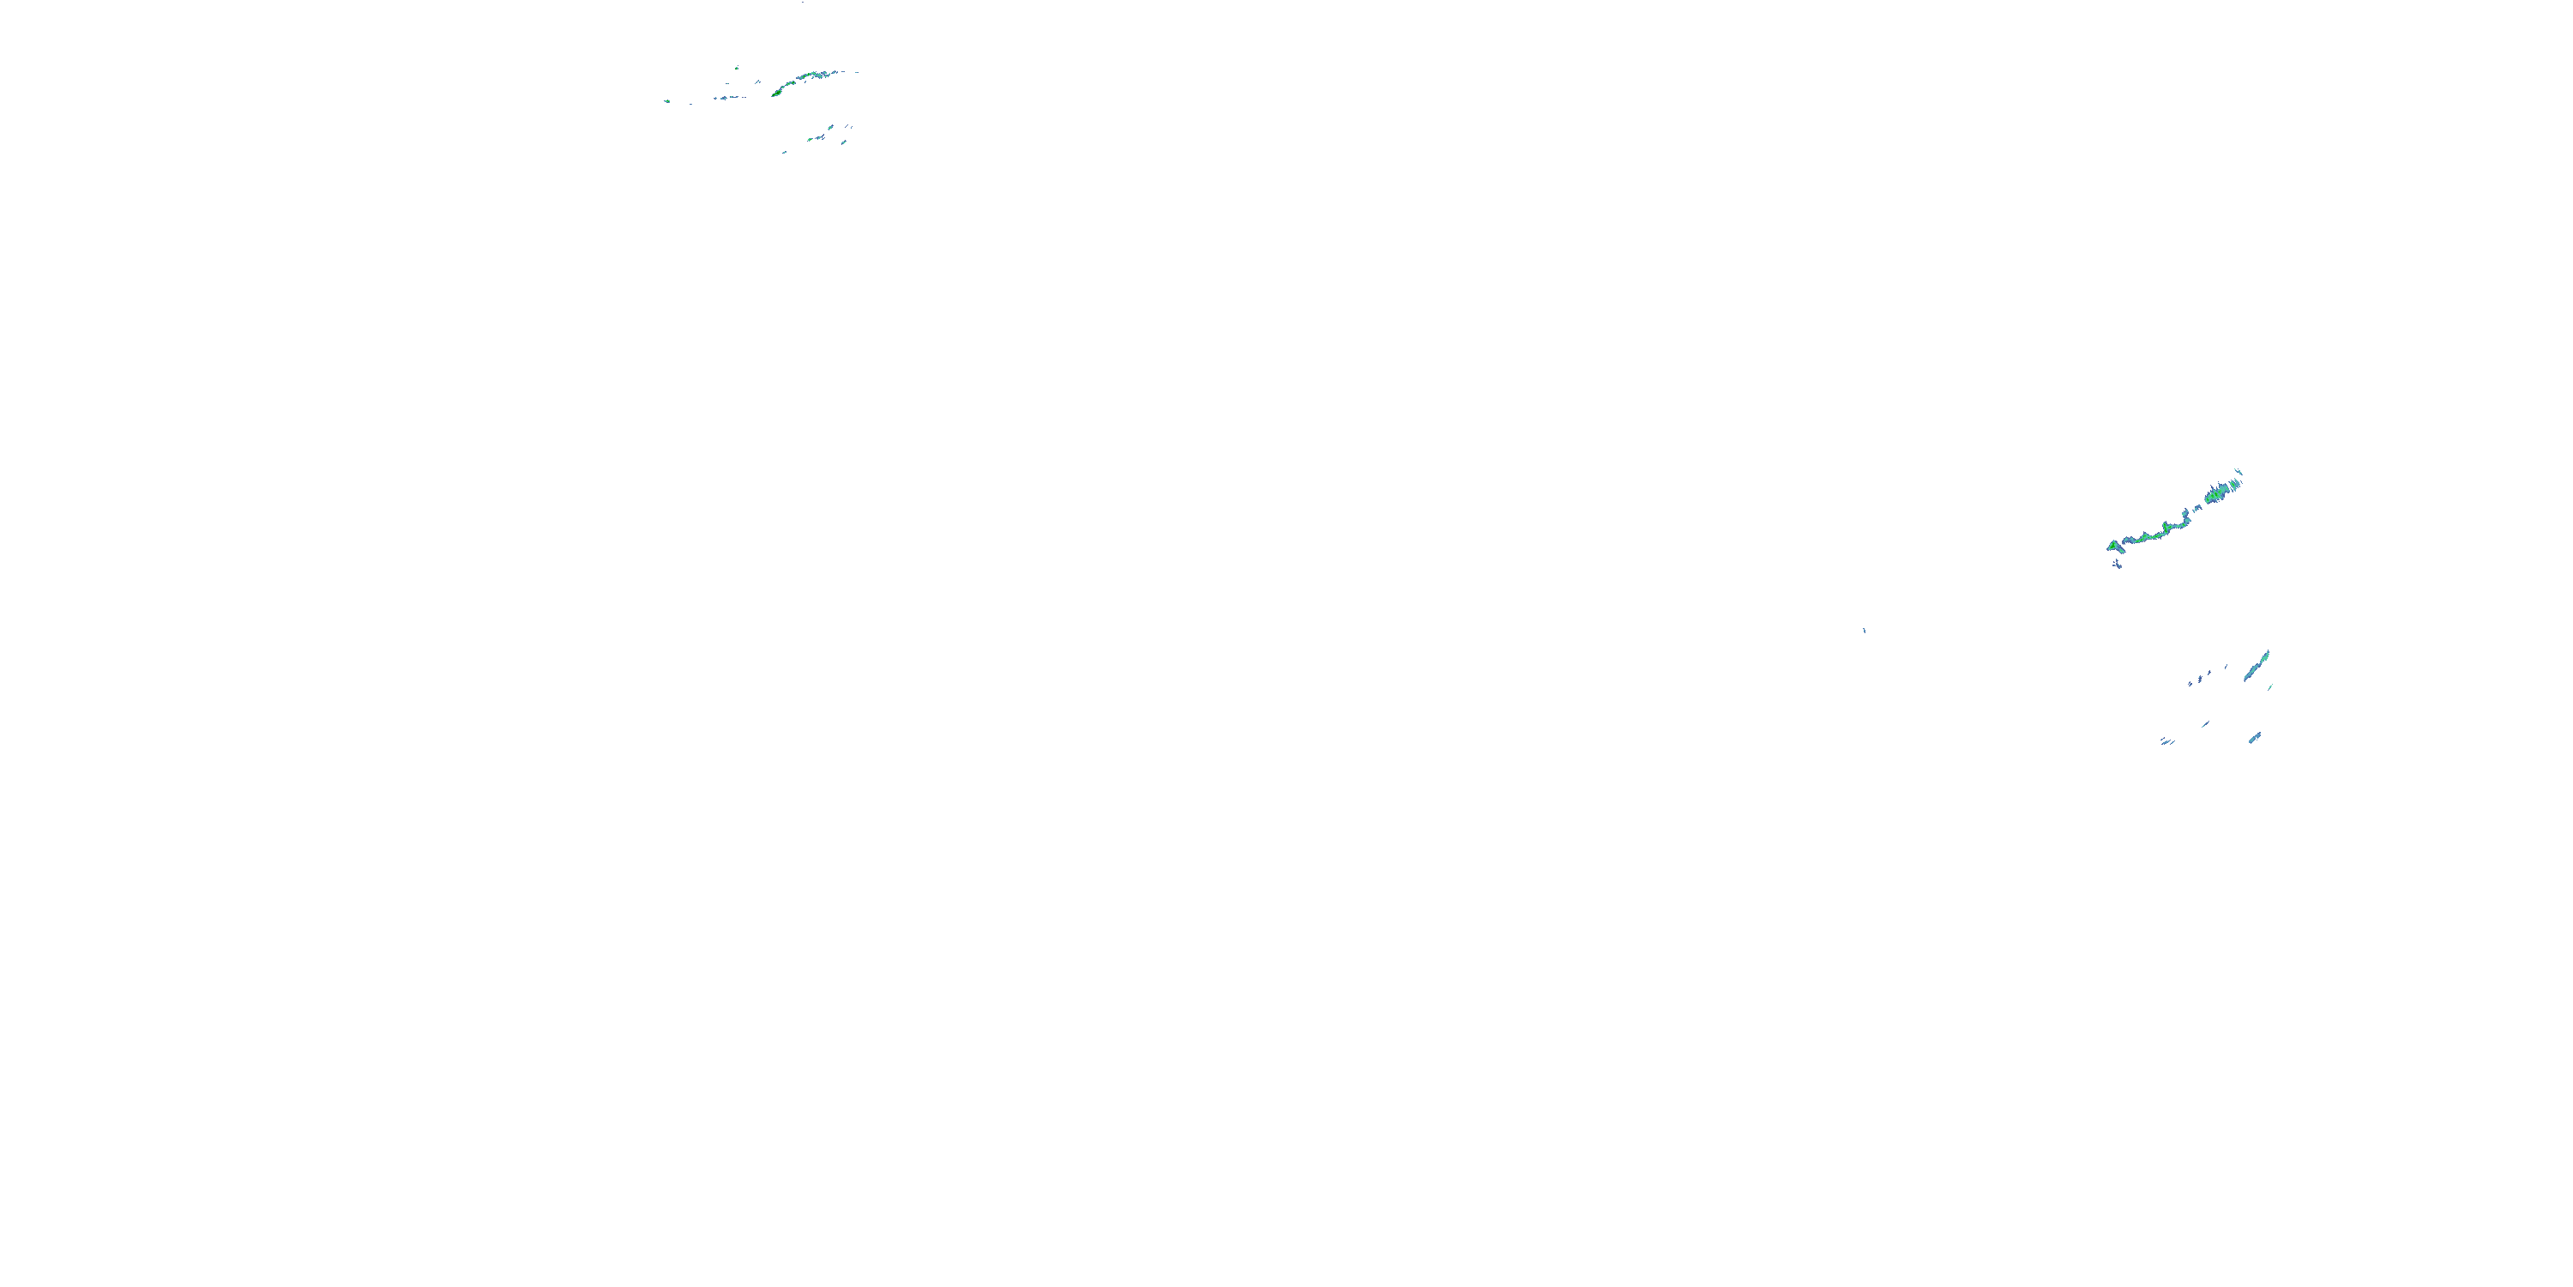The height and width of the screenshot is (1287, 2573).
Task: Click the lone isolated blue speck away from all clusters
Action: [1864, 630]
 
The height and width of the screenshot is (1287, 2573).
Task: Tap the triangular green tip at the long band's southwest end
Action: [2112, 546]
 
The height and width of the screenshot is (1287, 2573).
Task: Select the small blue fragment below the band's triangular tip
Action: [2118, 565]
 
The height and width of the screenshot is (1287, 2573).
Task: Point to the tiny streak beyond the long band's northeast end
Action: [2239, 472]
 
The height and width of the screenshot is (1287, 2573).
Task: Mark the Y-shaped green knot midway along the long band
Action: [2166, 527]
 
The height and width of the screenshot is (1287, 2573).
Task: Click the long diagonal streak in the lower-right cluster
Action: [2257, 666]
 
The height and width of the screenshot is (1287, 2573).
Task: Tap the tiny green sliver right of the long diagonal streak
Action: [2270, 686]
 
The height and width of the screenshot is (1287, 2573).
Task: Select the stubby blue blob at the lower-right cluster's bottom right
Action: [2254, 739]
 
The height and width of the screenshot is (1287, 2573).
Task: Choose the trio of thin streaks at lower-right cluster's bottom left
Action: [2166, 741]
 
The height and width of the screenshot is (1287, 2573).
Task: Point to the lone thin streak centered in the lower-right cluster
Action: [2204, 723]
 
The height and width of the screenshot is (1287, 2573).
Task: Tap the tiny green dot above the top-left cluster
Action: [737, 68]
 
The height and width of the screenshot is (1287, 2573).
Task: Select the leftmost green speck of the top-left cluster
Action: [667, 101]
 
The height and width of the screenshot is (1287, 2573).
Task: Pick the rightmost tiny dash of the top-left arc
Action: [855, 71]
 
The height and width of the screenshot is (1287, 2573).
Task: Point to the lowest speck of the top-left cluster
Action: [784, 153]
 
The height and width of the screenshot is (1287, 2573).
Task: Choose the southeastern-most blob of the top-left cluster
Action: [844, 142]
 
